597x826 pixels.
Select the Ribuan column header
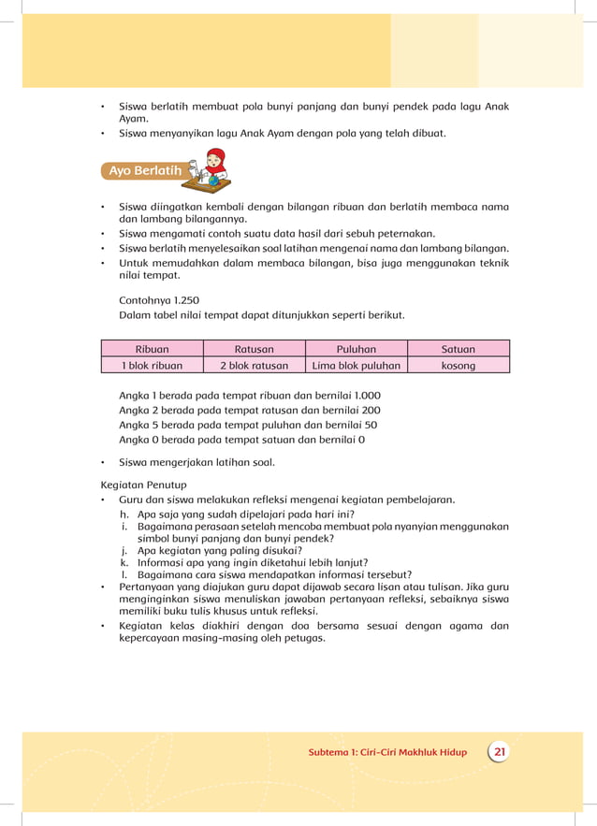152,349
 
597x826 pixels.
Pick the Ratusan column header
254,349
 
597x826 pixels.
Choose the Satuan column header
459,349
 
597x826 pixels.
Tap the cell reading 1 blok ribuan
152,366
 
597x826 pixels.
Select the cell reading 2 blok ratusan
254,366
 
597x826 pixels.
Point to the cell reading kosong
459,366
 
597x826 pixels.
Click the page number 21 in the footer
500,752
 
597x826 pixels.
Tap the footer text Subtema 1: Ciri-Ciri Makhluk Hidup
387,753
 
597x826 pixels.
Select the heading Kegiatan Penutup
143,485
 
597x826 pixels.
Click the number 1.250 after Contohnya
185,300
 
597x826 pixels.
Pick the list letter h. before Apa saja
124,514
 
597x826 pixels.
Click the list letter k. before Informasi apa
124,563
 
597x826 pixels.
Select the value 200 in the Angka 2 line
370,410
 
